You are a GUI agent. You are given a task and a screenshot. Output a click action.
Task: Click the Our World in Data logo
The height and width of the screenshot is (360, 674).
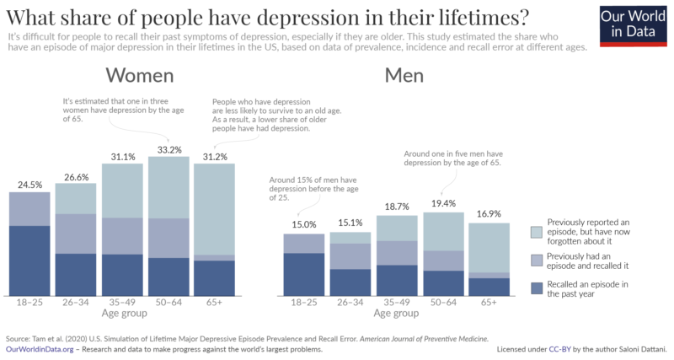coord(633,24)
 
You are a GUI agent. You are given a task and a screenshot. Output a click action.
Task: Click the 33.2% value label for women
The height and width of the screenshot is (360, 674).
coord(169,149)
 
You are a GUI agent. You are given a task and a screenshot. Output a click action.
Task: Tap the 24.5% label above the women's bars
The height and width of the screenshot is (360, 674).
coord(30,185)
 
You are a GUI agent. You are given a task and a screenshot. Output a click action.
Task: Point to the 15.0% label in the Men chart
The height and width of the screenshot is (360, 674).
coord(304,225)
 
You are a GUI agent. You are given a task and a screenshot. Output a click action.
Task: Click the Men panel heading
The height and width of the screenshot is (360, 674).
coord(404,76)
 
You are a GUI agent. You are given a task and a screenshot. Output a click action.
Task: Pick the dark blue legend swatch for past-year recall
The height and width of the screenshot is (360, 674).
coord(537,288)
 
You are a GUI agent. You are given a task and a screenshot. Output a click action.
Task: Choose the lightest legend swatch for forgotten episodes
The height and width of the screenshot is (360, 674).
coord(537,231)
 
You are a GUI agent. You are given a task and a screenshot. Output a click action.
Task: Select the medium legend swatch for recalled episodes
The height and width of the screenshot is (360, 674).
coord(537,260)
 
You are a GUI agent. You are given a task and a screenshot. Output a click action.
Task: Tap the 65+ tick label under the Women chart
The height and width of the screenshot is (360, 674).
coord(215,302)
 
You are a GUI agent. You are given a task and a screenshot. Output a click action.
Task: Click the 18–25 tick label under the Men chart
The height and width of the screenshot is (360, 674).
coord(304,302)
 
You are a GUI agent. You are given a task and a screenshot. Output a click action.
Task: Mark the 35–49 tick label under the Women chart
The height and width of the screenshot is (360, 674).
coord(123,302)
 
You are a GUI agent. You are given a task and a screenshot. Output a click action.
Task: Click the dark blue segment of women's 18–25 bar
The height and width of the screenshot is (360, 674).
coord(30,260)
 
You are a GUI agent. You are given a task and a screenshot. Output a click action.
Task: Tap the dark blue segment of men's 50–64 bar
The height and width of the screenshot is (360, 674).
coord(443,282)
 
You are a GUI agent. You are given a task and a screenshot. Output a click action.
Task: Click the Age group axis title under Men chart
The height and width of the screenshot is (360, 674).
coord(397,313)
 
